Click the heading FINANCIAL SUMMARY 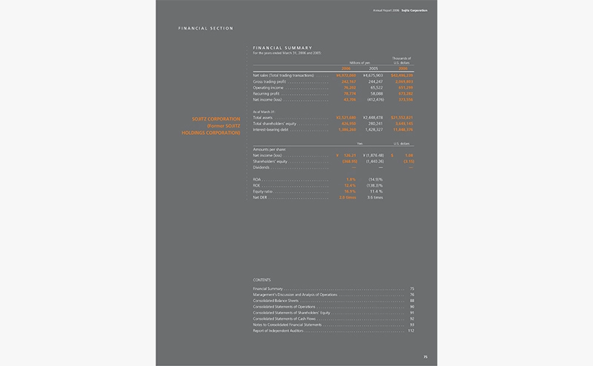[279, 47]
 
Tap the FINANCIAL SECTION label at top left [206, 28]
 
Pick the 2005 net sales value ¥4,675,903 [373, 76]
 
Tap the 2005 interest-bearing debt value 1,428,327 [373, 129]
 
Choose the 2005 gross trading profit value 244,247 [374, 81]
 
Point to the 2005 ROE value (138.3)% [373, 186]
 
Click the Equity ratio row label [264, 192]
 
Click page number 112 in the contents [410, 329]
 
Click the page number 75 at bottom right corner [425, 357]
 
